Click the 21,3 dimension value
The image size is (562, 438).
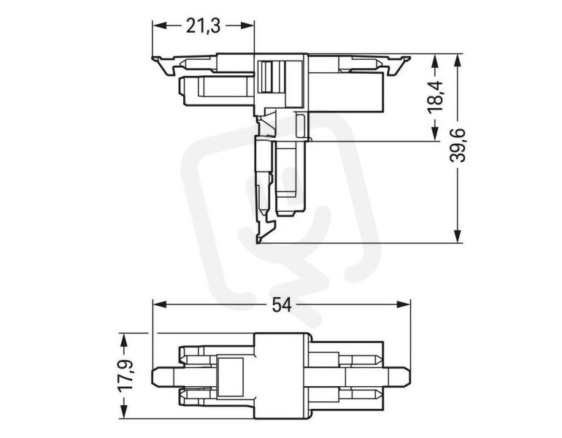pyautogui.click(x=203, y=26)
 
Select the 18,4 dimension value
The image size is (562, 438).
pyautogui.click(x=436, y=98)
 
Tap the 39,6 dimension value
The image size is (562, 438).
pyautogui.click(x=458, y=145)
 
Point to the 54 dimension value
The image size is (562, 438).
pyautogui.click(x=282, y=305)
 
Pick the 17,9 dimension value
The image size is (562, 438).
pyautogui.click(x=125, y=376)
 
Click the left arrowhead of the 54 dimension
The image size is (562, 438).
pyautogui.click(x=160, y=304)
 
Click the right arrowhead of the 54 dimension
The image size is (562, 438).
pyautogui.click(x=403, y=304)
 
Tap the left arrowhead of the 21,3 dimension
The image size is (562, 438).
pyautogui.click(x=160, y=26)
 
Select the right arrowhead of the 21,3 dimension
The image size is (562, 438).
pyautogui.click(x=247, y=26)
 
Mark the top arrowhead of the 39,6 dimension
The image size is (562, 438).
pyautogui.click(x=458, y=61)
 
